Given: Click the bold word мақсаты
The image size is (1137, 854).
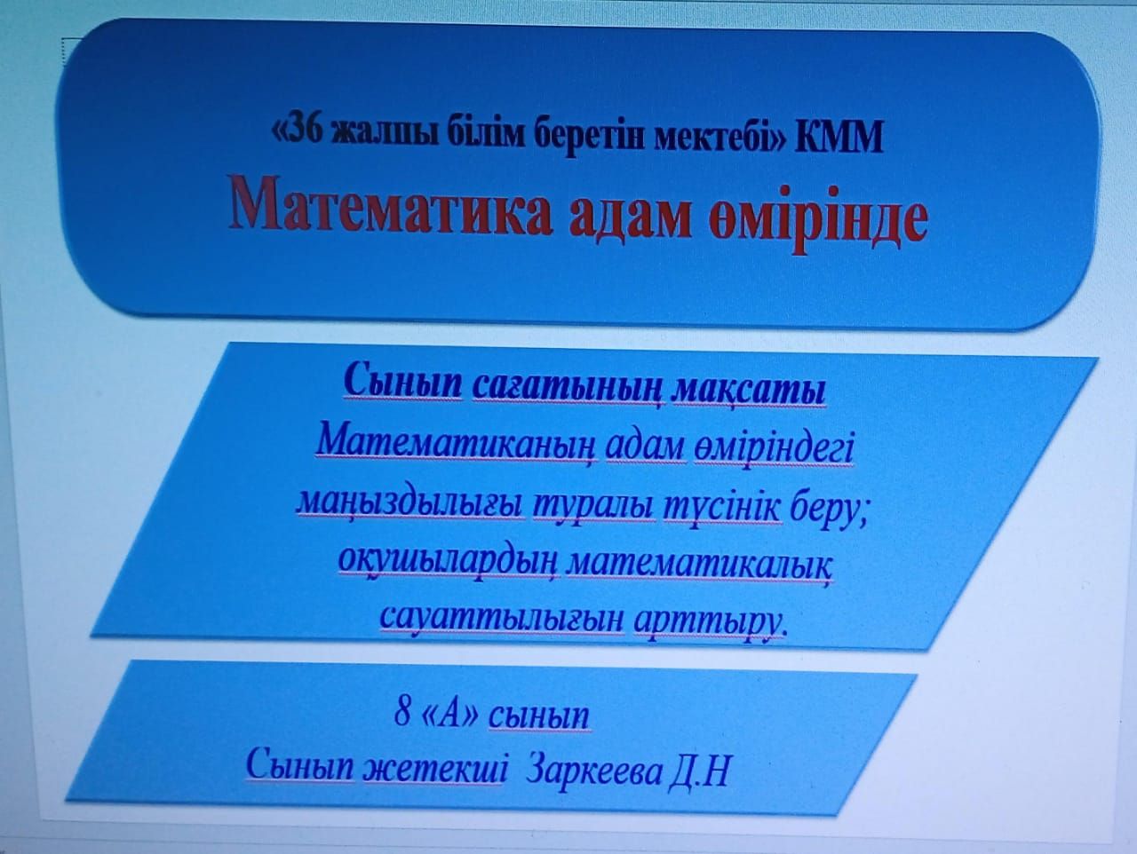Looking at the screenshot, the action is (x=747, y=391).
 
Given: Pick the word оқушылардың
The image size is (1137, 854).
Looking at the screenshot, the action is (x=448, y=565).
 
